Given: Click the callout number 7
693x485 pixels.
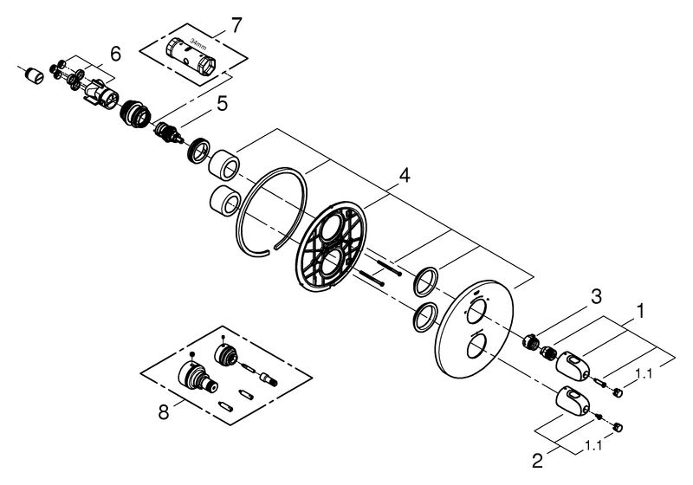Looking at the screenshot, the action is click(237, 25).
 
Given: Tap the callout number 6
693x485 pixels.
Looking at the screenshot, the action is click(115, 55).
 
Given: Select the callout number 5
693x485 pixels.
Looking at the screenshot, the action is click(222, 104).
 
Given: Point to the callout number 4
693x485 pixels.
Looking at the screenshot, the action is click(404, 175).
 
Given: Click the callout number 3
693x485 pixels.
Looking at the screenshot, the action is click(596, 297).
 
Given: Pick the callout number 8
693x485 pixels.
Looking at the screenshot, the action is click(164, 412).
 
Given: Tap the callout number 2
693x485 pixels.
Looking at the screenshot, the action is click(537, 461).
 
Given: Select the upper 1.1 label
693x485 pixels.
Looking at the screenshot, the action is click(644, 374).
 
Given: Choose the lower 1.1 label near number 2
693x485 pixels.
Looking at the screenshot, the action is click(593, 446).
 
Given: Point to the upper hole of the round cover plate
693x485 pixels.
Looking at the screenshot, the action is click(475, 311).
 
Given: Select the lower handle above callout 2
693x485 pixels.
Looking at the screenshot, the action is click(573, 402).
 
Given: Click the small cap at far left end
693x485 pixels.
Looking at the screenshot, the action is click(35, 75).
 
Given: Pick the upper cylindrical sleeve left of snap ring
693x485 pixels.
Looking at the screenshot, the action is click(223, 165).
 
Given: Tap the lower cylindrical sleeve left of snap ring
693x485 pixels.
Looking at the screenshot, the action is click(224, 201).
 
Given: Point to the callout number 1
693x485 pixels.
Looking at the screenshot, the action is click(639, 311).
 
